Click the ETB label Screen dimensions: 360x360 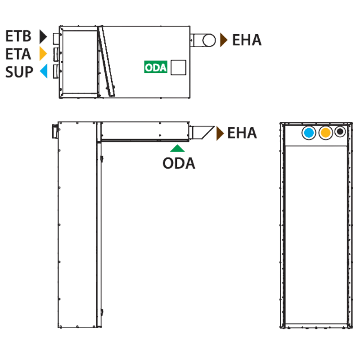tap(18, 36)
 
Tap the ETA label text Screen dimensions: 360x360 tap(18, 54)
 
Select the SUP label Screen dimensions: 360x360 tap(19, 72)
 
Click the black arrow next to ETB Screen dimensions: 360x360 tap(43, 36)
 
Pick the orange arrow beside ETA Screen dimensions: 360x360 tap(43, 54)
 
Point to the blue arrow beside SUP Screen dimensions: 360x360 tap(44, 71)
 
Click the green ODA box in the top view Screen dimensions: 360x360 tap(156, 67)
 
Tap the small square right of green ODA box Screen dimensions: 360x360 tap(178, 67)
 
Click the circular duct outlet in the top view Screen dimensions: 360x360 tap(209, 40)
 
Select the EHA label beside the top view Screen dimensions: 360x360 tap(247, 40)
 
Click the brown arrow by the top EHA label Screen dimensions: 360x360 tap(224, 40)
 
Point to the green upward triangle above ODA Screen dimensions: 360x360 tap(177, 148)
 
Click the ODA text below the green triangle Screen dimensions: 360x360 tap(179, 163)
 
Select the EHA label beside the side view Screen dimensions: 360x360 tap(242, 133)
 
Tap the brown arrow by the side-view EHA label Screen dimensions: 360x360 tap(220, 133)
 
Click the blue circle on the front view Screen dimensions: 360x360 tap(309, 133)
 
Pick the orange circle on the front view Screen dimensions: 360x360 tap(325, 132)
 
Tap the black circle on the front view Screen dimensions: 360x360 tap(340, 132)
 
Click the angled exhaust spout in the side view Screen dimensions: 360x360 tap(202, 132)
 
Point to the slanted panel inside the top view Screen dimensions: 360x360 tap(106, 61)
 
